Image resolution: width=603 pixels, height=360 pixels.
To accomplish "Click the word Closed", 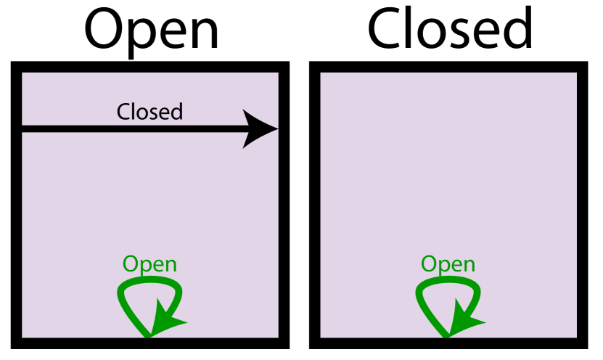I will [x=149, y=112].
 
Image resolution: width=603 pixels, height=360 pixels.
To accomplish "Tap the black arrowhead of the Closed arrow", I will [x=260, y=129].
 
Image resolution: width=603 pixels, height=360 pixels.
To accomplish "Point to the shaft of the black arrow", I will [x=131, y=129].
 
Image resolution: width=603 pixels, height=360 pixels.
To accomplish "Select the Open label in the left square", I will [x=149, y=264].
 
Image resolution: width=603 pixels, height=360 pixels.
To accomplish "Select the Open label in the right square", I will [x=448, y=264].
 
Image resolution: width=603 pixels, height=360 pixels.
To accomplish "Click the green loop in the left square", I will [x=123, y=294].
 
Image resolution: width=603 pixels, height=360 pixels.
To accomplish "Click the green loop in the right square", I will [x=422, y=294].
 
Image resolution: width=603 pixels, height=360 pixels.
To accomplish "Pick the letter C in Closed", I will [x=124, y=112].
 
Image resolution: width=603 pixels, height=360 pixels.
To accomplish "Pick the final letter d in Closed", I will [x=176, y=112].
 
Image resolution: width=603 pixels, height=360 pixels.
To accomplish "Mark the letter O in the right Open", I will [x=429, y=264].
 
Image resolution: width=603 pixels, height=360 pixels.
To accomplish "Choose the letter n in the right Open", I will [x=469, y=266].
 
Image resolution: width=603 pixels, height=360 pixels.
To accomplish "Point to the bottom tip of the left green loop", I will [x=149, y=336].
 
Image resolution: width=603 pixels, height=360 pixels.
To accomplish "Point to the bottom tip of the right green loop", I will [x=447, y=336].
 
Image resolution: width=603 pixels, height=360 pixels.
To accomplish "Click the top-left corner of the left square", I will [x=22, y=73].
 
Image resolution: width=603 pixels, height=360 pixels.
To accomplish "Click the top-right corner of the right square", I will [x=576, y=73].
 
